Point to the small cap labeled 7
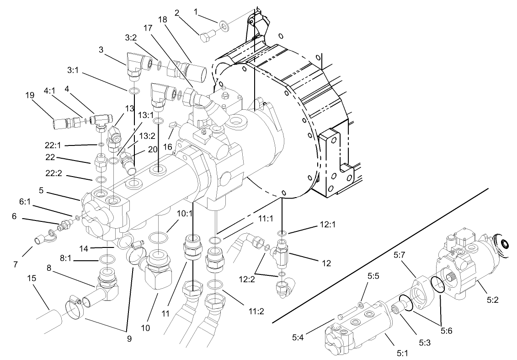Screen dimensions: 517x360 click(39, 239)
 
